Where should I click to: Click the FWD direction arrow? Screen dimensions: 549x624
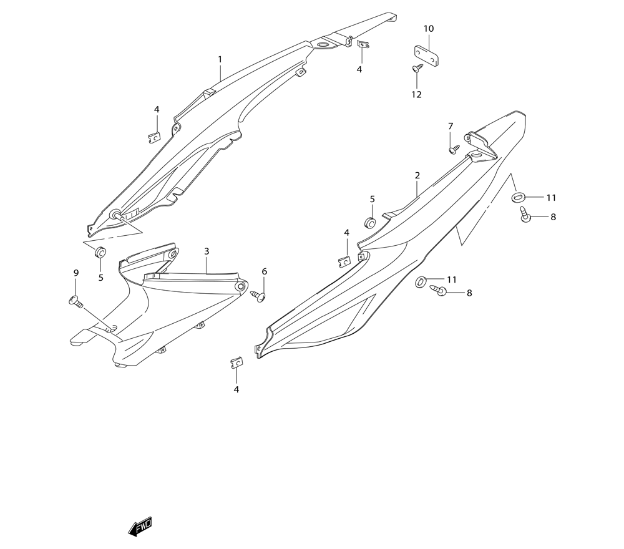[140, 527]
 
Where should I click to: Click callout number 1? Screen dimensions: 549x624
[220, 59]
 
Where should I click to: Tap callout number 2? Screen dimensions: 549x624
[417, 176]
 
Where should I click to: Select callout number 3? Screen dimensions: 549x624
[207, 251]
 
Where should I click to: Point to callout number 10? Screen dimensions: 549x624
[429, 29]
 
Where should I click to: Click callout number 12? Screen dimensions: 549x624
[416, 95]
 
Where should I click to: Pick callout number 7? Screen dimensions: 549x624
[451, 127]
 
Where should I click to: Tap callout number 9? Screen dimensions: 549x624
[76, 273]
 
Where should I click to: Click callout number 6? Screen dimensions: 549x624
[264, 271]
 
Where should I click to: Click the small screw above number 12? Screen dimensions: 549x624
[417, 69]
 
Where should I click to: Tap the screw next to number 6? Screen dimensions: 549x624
[258, 295]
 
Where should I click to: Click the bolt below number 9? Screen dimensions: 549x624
[76, 302]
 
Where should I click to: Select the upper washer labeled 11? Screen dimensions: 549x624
[518, 198]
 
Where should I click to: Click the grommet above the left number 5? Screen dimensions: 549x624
[100, 253]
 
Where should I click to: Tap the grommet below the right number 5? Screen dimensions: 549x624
[370, 223]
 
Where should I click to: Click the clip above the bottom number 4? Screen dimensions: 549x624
[236, 362]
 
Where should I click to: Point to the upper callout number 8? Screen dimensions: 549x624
[553, 217]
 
